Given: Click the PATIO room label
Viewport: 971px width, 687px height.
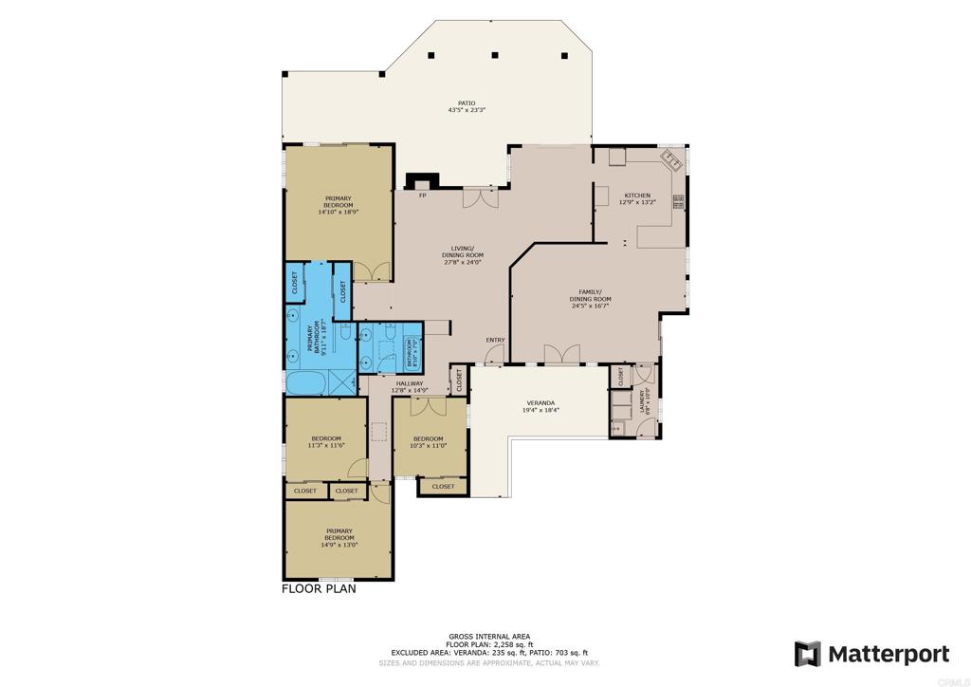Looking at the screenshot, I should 467,102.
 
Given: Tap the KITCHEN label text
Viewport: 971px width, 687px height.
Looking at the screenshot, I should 636,195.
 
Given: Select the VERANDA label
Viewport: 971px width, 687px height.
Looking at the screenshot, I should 540,403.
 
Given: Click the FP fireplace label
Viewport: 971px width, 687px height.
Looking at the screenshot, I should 423,195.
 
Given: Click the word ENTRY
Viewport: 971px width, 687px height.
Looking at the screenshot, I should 495,341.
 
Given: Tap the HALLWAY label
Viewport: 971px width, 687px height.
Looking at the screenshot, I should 410,383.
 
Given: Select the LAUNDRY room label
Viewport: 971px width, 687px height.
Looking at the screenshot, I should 644,401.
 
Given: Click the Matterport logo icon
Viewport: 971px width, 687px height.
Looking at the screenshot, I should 807,654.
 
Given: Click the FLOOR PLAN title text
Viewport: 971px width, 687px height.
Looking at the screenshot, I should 319,588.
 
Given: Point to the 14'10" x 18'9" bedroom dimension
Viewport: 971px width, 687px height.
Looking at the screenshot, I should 339,213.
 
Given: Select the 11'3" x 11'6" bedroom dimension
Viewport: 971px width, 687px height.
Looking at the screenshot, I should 325,445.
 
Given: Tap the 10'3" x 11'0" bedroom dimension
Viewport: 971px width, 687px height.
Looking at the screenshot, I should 429,445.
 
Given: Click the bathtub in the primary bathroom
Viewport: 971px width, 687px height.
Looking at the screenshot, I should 306,384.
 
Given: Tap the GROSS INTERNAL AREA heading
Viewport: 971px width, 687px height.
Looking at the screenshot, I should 489,636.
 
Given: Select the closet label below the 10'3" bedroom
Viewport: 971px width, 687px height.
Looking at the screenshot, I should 443,487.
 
